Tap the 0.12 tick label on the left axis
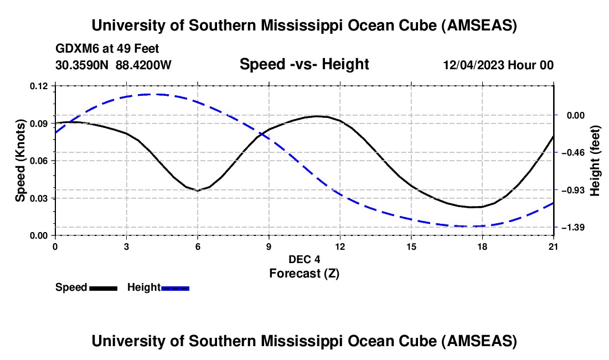tap(40, 86)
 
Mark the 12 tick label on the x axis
tap(340, 246)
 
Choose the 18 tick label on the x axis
tap(482, 246)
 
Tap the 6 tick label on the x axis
tap(198, 246)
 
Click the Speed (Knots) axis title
tap(20, 161)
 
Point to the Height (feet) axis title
tap(595, 161)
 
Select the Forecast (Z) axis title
tap(304, 272)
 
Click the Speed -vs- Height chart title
tap(304, 64)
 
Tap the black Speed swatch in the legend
tap(103, 287)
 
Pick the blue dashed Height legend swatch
tap(175, 287)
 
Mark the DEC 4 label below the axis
tap(304, 259)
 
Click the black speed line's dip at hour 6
tap(198, 191)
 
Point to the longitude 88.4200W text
tap(143, 65)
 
